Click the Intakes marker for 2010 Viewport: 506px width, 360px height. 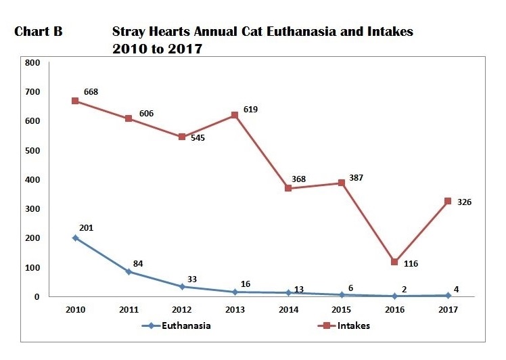[x=75, y=101]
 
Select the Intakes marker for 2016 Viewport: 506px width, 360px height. [x=394, y=262]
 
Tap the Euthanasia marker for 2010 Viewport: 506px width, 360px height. [x=75, y=238]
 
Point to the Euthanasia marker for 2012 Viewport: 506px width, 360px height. [x=182, y=287]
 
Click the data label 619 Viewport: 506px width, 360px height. [x=250, y=109]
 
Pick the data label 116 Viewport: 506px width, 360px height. [x=410, y=263]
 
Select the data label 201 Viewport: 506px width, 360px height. [x=86, y=227]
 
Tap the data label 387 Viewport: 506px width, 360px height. [x=356, y=178]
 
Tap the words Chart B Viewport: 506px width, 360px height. [x=38, y=32]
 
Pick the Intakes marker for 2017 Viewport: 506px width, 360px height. [x=448, y=201]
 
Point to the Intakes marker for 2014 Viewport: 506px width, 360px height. [x=288, y=188]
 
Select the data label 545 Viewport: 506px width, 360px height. [x=198, y=137]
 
